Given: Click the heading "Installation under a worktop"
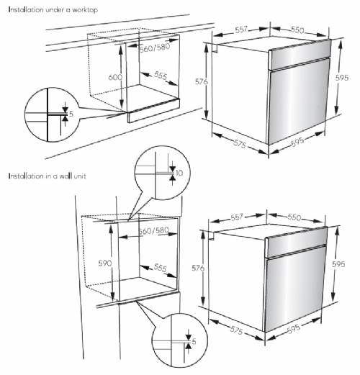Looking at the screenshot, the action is pyautogui.click(x=53, y=10).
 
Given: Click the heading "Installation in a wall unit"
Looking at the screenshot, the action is pyautogui.click(x=47, y=176).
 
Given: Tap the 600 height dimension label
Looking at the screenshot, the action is pyautogui.click(x=115, y=77).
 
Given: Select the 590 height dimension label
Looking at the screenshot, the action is pyautogui.click(x=105, y=263).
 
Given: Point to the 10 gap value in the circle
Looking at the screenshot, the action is pyautogui.click(x=179, y=173).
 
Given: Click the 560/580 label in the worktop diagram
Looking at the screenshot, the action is pyautogui.click(x=155, y=48).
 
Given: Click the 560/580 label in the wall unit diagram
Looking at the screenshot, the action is pyautogui.click(x=154, y=231).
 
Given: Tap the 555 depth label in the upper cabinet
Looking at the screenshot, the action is pyautogui.click(x=161, y=76).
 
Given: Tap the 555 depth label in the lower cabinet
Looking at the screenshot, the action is pyautogui.click(x=160, y=268).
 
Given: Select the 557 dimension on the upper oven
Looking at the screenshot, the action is pyautogui.click(x=241, y=30).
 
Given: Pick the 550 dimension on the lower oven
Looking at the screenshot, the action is pyautogui.click(x=294, y=217).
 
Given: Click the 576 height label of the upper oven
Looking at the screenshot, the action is pyautogui.click(x=202, y=81).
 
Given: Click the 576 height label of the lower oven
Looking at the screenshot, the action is pyautogui.click(x=198, y=268).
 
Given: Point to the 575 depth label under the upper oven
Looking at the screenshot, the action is pyautogui.click(x=240, y=144).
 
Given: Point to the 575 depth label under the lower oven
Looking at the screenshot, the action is pyautogui.click(x=236, y=330).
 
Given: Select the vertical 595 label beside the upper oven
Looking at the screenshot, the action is pyautogui.click(x=342, y=78).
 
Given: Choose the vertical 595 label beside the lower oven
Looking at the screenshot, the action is pyautogui.click(x=338, y=264).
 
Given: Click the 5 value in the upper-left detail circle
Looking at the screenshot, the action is pyautogui.click(x=71, y=114).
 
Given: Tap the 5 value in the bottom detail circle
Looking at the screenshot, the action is pyautogui.click(x=194, y=341).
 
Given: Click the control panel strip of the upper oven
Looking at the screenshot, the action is pyautogui.click(x=300, y=55).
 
